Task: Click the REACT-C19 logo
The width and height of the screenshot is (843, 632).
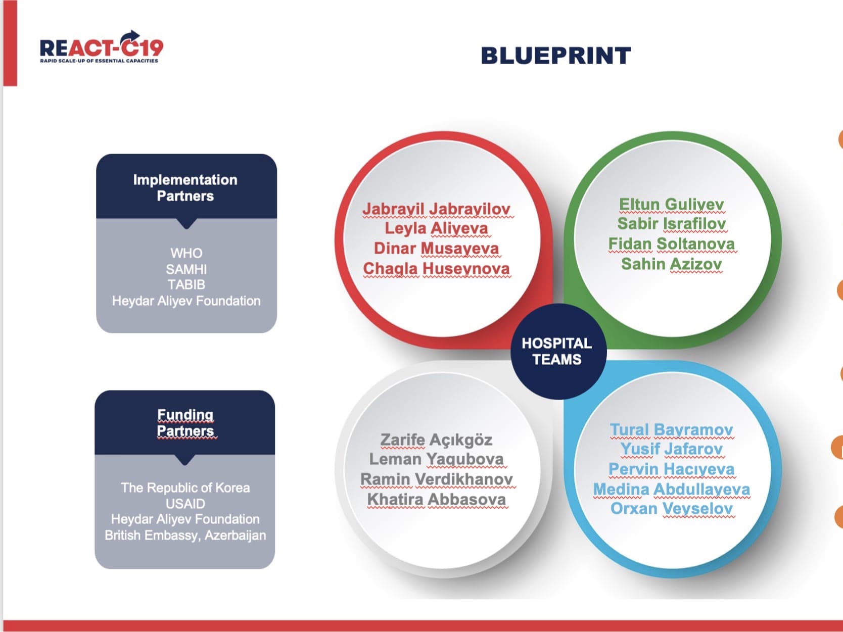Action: tap(102, 47)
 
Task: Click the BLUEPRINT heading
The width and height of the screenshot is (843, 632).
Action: tap(556, 56)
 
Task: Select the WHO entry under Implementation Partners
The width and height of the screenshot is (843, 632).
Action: tap(186, 253)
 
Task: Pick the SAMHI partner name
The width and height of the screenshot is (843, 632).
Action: tap(186, 269)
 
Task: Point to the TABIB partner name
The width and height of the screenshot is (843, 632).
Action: tap(186, 285)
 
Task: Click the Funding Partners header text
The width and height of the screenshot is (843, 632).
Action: tap(185, 422)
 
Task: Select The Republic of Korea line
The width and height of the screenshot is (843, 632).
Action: tap(185, 488)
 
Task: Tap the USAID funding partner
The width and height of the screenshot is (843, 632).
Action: tap(185, 504)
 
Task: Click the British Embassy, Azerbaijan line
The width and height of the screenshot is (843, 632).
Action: tap(185, 535)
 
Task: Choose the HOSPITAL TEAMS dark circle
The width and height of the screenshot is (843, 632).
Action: tap(558, 352)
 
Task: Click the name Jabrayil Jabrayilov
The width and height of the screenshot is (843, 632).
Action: tap(436, 210)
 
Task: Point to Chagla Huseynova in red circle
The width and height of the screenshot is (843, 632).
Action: tap(436, 269)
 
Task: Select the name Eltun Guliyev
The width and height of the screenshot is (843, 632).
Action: tap(671, 205)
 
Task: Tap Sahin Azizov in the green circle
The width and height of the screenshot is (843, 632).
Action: tap(671, 264)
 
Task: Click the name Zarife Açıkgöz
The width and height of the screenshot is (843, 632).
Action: tap(436, 440)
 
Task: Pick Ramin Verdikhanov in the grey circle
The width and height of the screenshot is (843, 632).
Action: tap(436, 479)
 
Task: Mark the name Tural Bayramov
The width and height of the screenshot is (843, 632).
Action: tap(671, 430)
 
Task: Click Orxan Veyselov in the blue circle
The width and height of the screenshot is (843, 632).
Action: tap(671, 509)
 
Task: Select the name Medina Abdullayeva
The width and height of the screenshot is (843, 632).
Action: tap(671, 489)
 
